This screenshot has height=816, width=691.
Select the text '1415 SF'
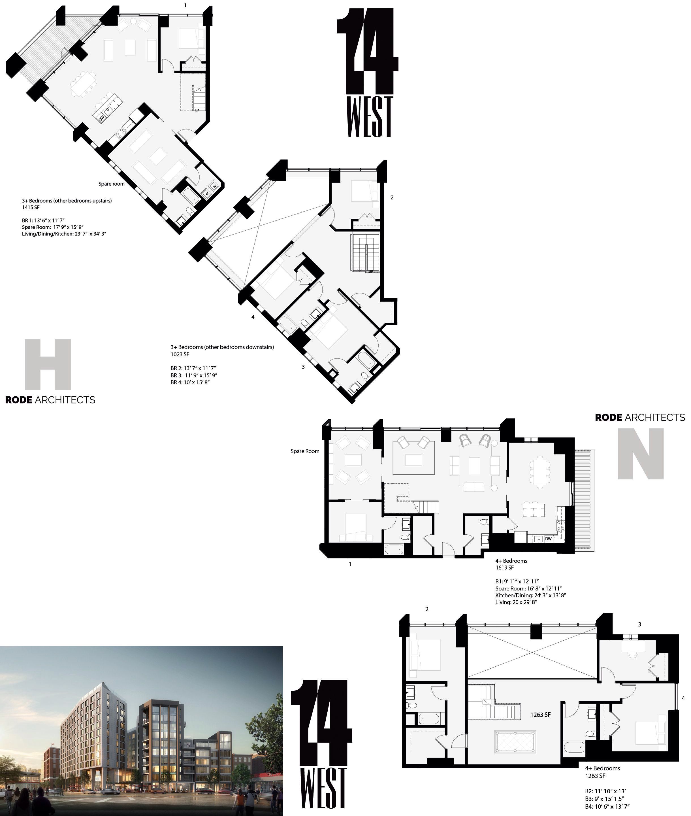pos(31,207)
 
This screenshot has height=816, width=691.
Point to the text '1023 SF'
pos(180,354)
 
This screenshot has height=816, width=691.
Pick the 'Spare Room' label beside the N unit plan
pos(305,451)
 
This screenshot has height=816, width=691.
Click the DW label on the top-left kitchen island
pos(101,117)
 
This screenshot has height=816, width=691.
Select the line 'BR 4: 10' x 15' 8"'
pos(190,382)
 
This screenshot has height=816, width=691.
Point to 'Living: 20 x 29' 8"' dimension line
pos(515,602)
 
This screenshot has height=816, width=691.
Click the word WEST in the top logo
pos(369,116)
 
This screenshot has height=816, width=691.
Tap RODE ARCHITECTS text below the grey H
pos(50,400)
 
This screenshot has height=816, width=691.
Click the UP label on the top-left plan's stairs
pos(197,110)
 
